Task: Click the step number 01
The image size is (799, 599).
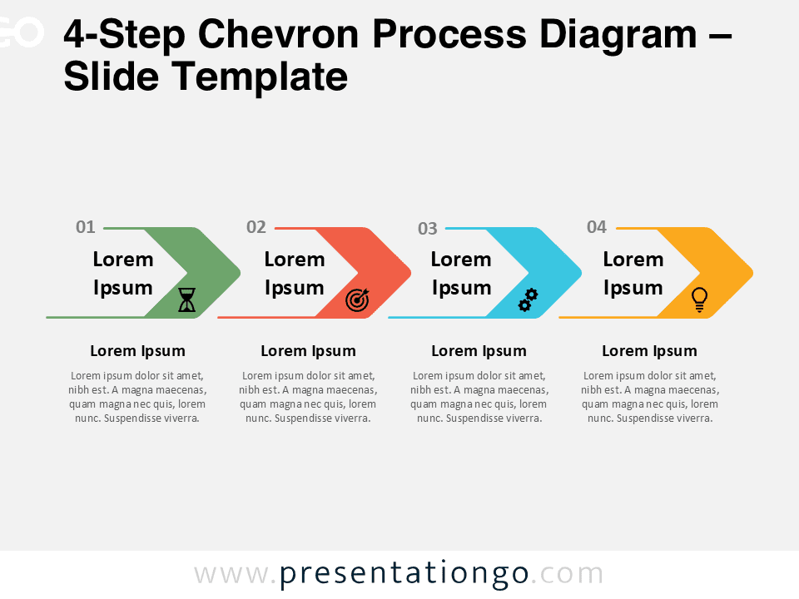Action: click(86, 227)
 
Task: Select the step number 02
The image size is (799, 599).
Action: click(256, 227)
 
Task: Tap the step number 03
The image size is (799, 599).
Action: click(428, 229)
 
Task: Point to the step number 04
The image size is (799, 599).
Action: click(597, 227)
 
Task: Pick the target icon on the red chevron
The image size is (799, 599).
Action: click(357, 300)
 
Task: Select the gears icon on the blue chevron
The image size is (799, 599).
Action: click(528, 300)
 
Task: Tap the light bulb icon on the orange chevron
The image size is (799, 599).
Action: click(700, 299)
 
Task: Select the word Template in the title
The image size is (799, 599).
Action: click(260, 77)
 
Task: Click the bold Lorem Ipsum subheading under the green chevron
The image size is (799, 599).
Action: click(137, 351)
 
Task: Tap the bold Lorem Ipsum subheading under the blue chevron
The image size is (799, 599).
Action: click(479, 351)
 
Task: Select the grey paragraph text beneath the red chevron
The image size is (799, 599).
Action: click(308, 397)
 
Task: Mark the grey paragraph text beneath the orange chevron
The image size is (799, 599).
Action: click(649, 397)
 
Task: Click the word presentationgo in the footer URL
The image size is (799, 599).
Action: click(404, 574)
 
